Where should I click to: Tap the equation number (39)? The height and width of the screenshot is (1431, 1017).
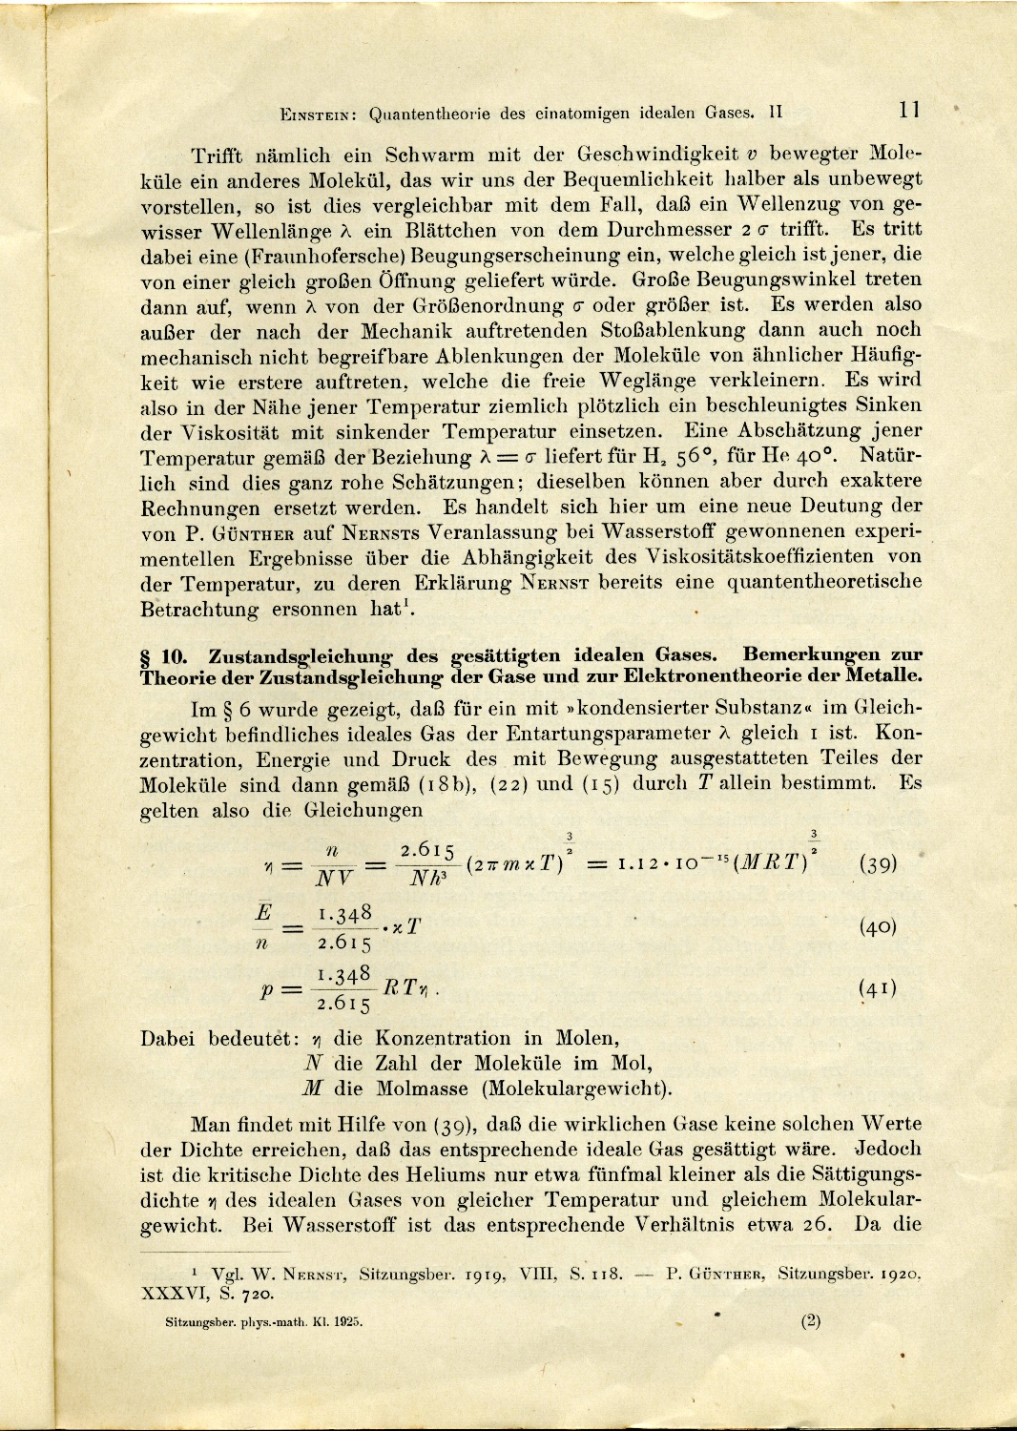(x=878, y=863)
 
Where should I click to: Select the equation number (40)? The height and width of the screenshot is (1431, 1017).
(x=878, y=926)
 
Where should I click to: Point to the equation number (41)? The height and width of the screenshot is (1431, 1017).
(x=878, y=988)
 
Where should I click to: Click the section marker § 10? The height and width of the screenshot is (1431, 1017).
(x=168, y=656)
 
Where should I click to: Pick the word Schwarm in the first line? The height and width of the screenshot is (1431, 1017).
(x=429, y=155)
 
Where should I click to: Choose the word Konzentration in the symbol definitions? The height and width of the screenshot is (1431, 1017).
(x=443, y=1038)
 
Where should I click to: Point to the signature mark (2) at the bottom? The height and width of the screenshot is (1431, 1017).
(x=811, y=1321)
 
